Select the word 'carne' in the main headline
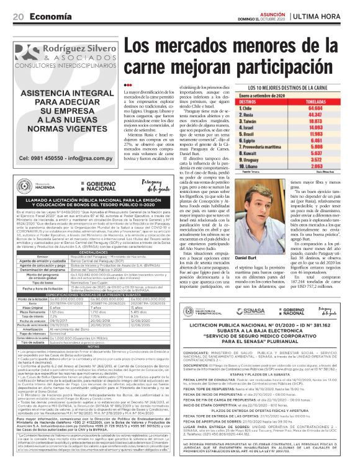pyautogui.click(x=158, y=65)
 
